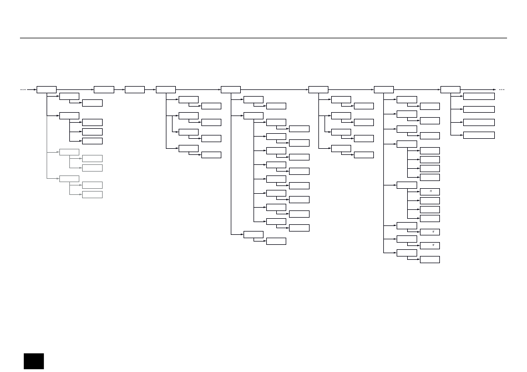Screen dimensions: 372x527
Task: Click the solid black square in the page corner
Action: [x=33, y=361]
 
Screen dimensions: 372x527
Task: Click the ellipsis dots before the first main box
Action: [x=23, y=89]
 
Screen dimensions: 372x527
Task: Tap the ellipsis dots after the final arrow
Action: [x=502, y=89]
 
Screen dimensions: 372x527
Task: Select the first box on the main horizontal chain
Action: [x=46, y=89]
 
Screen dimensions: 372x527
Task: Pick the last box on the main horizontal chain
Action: [x=450, y=89]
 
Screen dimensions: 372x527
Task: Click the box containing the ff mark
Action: [x=429, y=192]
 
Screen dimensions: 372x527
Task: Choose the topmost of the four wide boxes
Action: [x=478, y=96]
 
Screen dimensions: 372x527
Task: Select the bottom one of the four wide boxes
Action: [x=478, y=135]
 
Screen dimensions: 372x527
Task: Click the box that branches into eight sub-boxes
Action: [x=253, y=115]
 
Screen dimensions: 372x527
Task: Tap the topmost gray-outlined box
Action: [x=69, y=152]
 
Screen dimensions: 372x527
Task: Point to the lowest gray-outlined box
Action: [x=92, y=194]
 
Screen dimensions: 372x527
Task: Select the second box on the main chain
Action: [x=104, y=89]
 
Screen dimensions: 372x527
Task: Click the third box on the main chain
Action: [x=134, y=89]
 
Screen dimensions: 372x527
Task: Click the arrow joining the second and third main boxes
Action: [x=119, y=89]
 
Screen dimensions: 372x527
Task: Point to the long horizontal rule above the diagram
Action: [x=263, y=38]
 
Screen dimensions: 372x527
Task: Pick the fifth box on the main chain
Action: [x=230, y=89]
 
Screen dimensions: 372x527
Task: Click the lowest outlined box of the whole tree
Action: [x=429, y=259]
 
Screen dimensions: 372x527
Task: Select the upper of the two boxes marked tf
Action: [x=429, y=232]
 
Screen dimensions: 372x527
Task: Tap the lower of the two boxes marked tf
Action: [x=429, y=245]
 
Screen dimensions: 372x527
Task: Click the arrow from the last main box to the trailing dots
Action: [x=478, y=89]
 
